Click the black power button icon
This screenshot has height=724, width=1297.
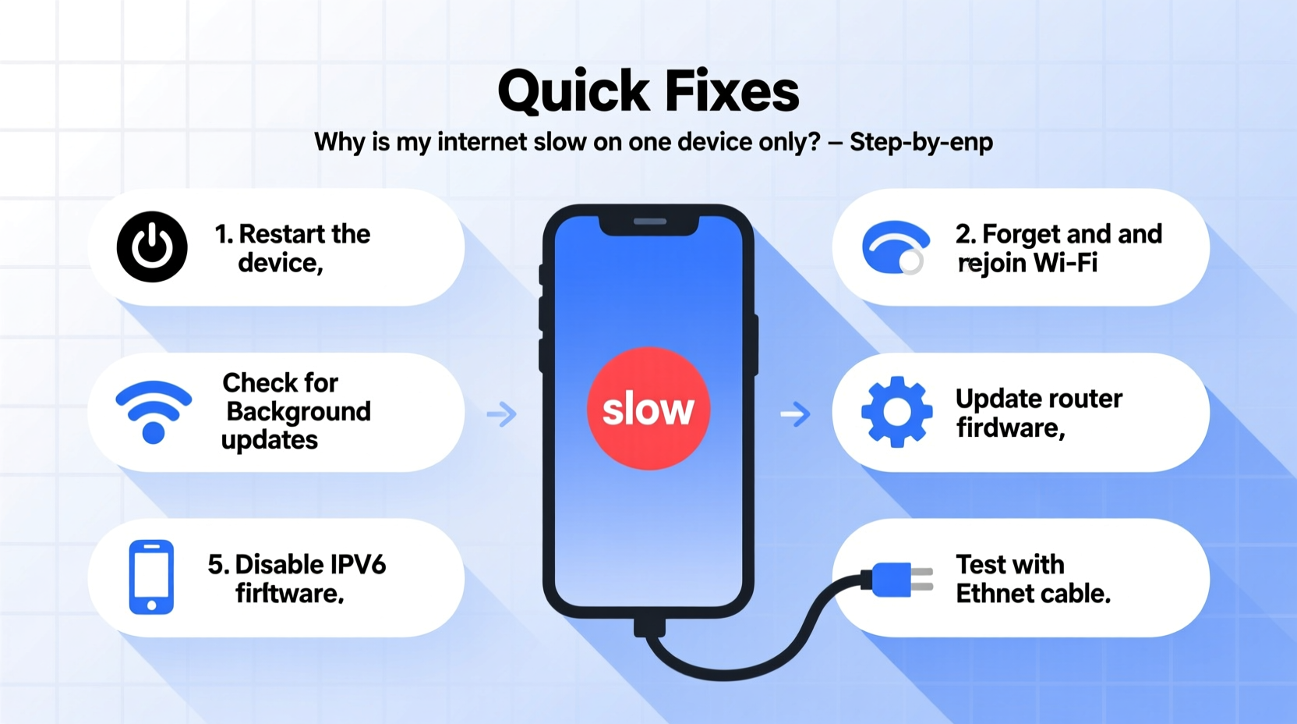click(x=152, y=247)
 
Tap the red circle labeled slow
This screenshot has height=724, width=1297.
click(x=648, y=408)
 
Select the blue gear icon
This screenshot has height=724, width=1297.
click(x=896, y=412)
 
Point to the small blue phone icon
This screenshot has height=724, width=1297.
click(x=151, y=577)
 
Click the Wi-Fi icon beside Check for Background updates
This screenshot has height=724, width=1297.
click(x=154, y=411)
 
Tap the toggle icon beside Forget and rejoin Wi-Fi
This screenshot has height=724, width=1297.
click(x=896, y=248)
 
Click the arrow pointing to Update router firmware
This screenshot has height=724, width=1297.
click(x=795, y=413)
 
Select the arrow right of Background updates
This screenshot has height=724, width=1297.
click(x=501, y=413)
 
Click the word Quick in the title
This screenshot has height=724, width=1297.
click(x=574, y=92)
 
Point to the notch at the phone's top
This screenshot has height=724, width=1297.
click(x=648, y=223)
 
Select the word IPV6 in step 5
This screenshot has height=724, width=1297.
click(x=358, y=564)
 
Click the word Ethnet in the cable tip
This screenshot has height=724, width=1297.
click(x=998, y=594)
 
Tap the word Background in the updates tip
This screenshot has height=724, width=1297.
click(x=299, y=411)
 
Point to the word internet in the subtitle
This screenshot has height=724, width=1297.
click(x=482, y=142)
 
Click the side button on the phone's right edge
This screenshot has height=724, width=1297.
click(x=755, y=344)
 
